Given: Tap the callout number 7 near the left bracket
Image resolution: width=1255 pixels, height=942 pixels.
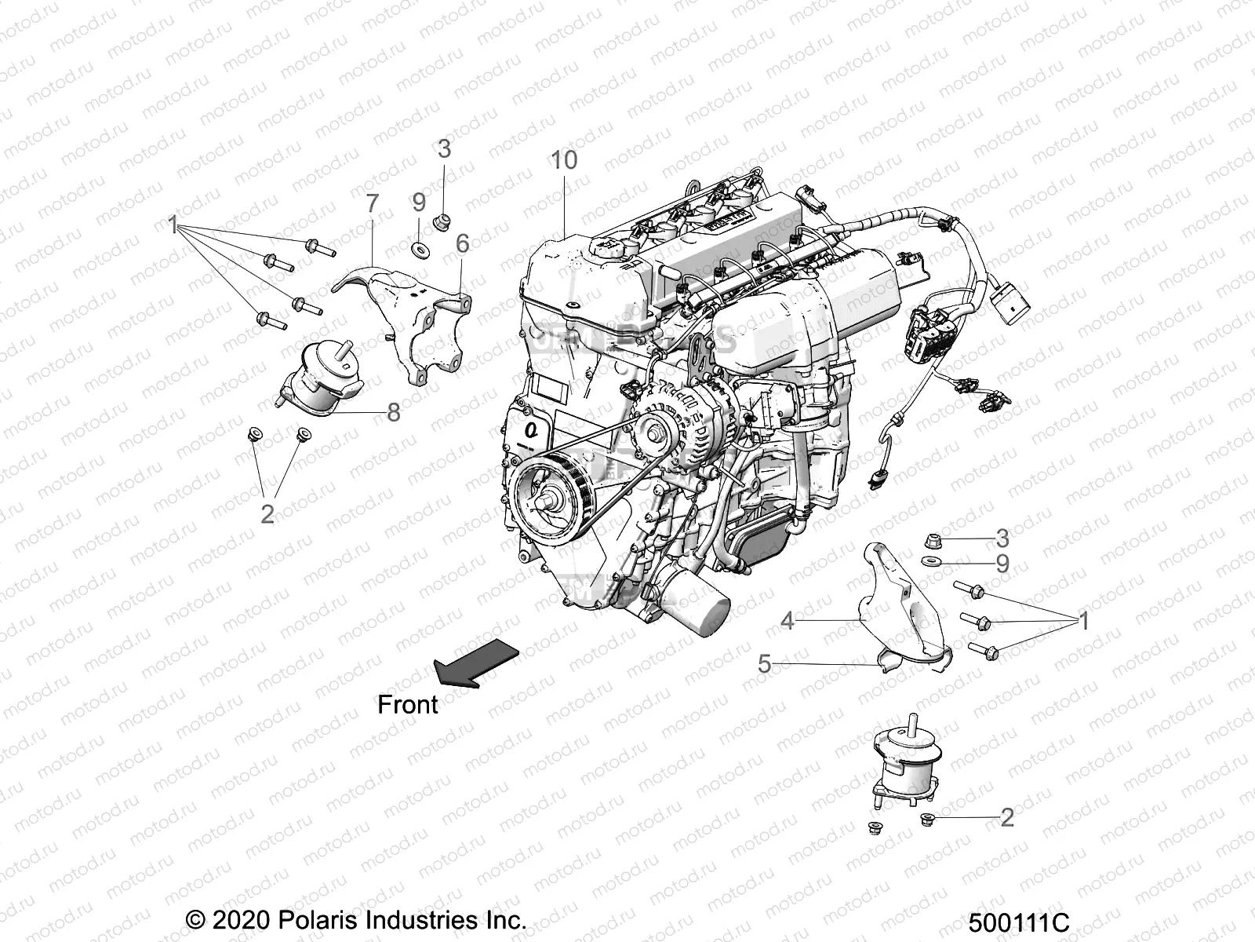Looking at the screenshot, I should [372, 203].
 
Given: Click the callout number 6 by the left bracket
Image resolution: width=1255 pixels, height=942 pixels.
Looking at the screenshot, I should [463, 243].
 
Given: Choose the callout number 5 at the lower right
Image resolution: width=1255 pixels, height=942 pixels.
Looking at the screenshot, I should [765, 664].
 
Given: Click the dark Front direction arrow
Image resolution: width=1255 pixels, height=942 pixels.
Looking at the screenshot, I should [475, 661].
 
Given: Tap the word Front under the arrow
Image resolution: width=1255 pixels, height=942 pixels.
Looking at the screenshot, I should [407, 704].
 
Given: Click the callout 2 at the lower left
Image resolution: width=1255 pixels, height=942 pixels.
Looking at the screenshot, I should [267, 514].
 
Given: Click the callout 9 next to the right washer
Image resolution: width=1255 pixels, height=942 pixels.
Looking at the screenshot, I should [1002, 564].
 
